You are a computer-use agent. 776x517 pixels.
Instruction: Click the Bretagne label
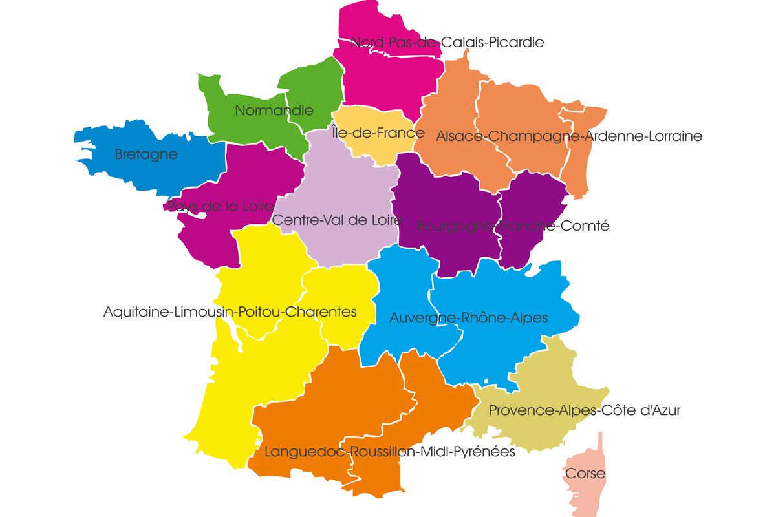tap(145, 155)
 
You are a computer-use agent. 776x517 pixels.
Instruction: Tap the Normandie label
tap(274, 111)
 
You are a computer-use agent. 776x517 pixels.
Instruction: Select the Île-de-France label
tap(378, 134)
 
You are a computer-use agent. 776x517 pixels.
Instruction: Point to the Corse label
tap(585, 474)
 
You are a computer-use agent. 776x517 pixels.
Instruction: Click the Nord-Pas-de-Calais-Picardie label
tap(447, 43)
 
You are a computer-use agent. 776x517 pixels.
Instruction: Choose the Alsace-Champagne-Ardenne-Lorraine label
tap(569, 136)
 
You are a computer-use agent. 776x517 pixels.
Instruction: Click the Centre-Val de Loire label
tap(337, 220)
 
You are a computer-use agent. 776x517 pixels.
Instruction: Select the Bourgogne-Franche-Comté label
tap(513, 226)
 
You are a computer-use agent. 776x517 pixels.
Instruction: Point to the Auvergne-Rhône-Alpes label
tap(468, 318)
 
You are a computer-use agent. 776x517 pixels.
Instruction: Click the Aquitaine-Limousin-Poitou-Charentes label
tap(230, 312)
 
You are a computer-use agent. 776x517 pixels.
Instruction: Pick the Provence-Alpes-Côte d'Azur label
tap(585, 410)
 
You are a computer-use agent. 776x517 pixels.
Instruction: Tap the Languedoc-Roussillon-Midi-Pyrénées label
tap(390, 452)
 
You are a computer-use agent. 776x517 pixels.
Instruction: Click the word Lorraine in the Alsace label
tap(673, 136)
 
